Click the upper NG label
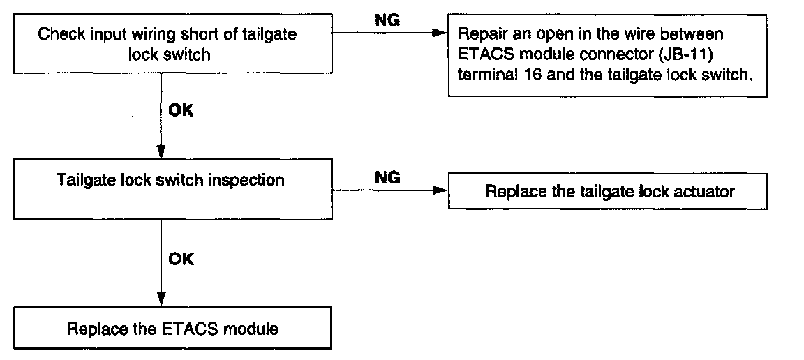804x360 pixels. pyautogui.click(x=388, y=20)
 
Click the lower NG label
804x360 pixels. pyautogui.click(x=388, y=178)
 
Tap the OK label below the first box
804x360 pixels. pyautogui.click(x=181, y=110)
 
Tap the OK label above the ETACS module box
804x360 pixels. pyautogui.click(x=181, y=259)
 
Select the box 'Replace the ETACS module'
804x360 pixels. pyautogui.click(x=173, y=328)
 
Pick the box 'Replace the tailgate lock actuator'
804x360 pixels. pyautogui.click(x=609, y=191)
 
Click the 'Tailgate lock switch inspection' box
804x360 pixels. pyautogui.click(x=171, y=190)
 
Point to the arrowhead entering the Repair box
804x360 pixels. pyautogui.click(x=438, y=33)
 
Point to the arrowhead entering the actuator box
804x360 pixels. pyautogui.click(x=439, y=189)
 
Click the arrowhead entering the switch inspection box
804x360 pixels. pyautogui.click(x=161, y=153)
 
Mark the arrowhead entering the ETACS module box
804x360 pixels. pyautogui.click(x=161, y=299)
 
